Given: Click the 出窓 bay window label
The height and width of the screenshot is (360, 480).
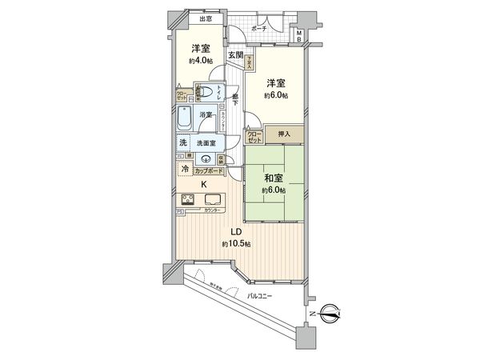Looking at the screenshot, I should [205, 18].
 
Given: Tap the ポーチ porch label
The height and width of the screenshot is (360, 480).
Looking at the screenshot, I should [259, 29].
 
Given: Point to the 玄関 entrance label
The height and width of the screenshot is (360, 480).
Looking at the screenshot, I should [235, 55].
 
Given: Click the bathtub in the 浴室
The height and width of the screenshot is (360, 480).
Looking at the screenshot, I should [186, 120].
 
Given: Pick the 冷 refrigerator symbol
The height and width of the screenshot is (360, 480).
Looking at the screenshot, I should [185, 170].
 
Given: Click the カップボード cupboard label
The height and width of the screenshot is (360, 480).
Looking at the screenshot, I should [208, 171].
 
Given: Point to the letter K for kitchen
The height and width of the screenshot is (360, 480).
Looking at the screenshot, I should [204, 185].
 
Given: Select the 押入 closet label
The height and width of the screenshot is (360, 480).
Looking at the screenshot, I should [284, 134].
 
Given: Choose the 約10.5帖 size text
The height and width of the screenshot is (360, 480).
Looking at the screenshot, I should [236, 244].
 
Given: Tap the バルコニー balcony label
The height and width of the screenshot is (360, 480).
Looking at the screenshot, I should [258, 297].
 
